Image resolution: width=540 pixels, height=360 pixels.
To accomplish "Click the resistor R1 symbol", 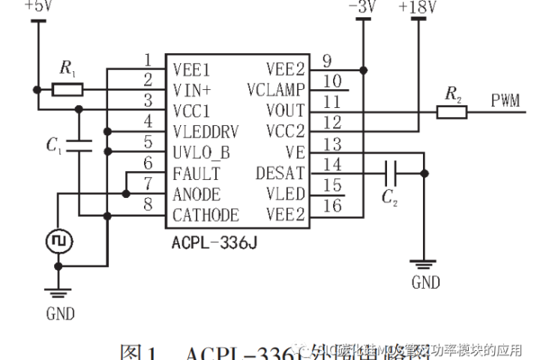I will [x=67, y=91].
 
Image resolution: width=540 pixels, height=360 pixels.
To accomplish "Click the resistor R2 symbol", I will [x=452, y=112].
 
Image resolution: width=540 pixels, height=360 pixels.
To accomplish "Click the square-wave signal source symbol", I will [x=57, y=241].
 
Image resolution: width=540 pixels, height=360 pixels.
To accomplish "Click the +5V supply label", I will [x=37, y=6].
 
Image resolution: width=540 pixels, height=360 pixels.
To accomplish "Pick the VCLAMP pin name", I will [x=275, y=91].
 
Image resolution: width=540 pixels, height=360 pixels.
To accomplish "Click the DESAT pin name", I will [x=280, y=173].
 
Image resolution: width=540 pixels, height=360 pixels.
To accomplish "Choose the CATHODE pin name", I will [x=205, y=215].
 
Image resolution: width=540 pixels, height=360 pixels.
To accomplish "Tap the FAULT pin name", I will [x=196, y=173].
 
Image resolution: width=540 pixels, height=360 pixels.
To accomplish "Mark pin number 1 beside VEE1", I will [x=148, y=60].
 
